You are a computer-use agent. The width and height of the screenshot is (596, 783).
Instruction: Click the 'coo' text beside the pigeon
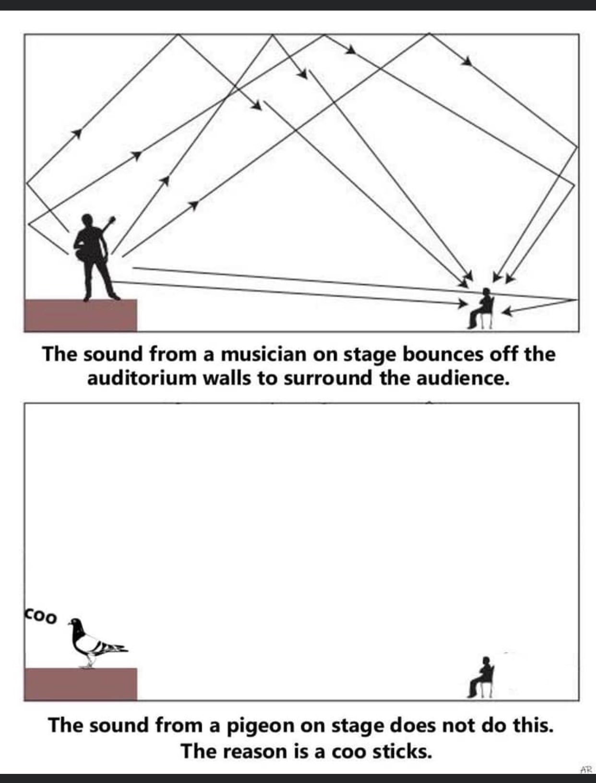coord(41,616)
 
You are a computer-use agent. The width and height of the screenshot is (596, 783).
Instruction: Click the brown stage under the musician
coord(80,315)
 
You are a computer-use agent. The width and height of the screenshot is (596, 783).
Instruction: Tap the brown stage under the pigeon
coord(80,684)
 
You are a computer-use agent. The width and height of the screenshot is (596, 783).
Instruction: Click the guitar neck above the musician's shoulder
coord(110,223)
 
